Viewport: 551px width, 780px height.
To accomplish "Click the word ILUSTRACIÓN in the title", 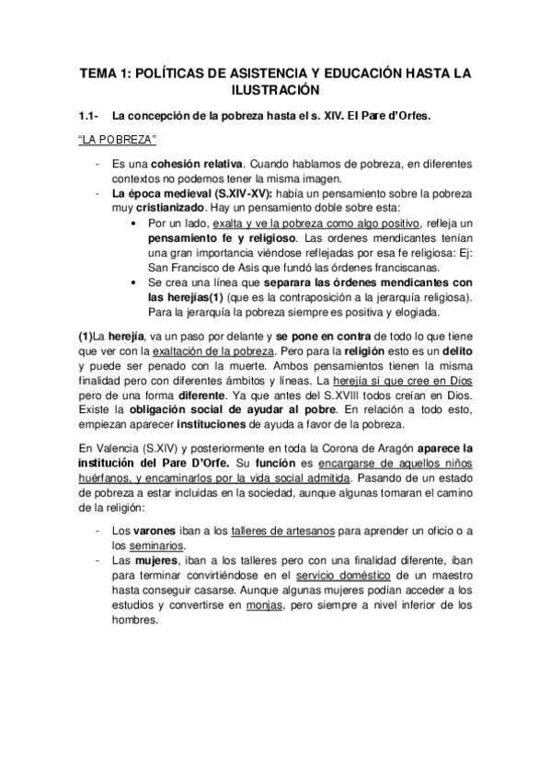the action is [275, 90].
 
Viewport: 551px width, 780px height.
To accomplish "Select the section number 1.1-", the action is [88, 117].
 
